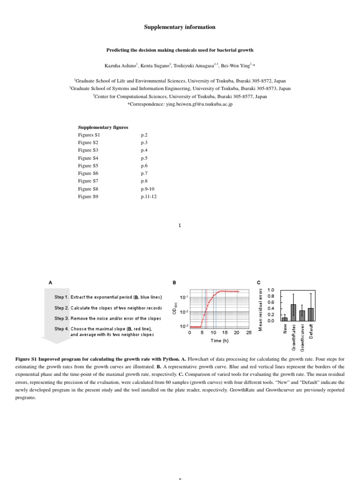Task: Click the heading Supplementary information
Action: click(x=180, y=27)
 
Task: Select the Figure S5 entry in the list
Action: click(x=88, y=165)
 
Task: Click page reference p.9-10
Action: click(x=147, y=189)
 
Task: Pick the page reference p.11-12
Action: click(x=149, y=197)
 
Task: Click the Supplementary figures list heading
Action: click(x=103, y=127)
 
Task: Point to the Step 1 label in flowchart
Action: click(x=62, y=297)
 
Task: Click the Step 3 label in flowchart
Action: click(x=62, y=318)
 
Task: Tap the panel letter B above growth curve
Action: click(x=174, y=283)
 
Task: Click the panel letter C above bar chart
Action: click(x=259, y=283)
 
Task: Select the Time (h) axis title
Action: click(x=219, y=341)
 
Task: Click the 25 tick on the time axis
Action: click(x=248, y=332)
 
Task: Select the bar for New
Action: click(x=284, y=319)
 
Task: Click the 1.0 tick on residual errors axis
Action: click(x=270, y=291)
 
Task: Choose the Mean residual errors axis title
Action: click(x=261, y=309)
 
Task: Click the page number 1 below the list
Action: click(x=180, y=225)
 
